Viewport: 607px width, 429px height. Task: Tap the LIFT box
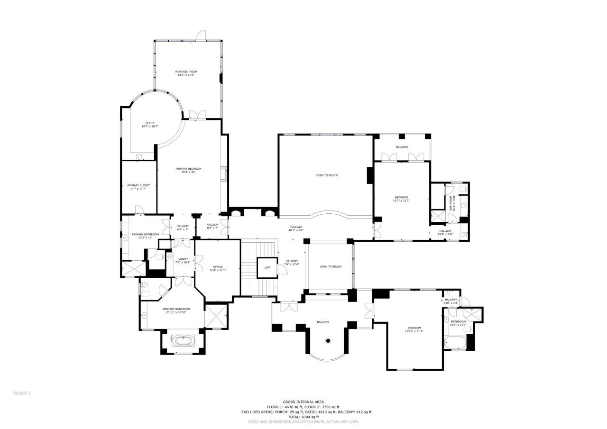(x=267, y=268)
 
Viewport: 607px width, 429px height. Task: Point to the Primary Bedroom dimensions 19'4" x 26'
(x=188, y=172)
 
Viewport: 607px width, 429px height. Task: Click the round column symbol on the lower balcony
(x=328, y=340)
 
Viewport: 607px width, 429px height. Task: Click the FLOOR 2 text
(x=22, y=393)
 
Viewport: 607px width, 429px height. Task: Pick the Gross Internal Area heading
(x=303, y=402)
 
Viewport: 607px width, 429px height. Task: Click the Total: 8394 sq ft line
(x=303, y=417)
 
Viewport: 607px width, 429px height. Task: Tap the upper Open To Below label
(x=327, y=175)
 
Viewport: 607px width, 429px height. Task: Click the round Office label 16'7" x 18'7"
(x=150, y=125)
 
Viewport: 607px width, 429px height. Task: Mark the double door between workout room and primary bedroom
(x=197, y=115)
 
